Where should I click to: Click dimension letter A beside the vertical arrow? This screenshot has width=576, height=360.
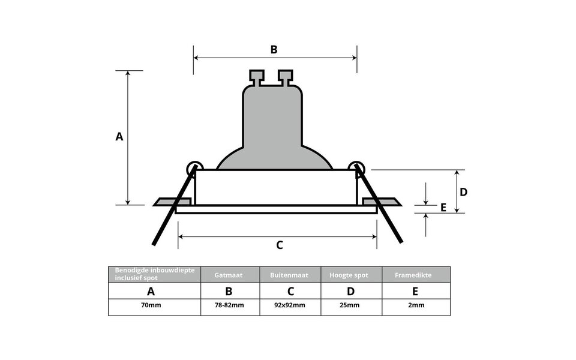coord(119,137)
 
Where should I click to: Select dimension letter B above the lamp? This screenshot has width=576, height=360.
coord(274,49)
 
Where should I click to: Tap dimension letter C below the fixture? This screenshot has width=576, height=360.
coord(279,245)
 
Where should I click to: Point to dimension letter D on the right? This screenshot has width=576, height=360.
coord(463,192)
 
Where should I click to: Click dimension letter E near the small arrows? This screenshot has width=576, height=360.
coord(443,208)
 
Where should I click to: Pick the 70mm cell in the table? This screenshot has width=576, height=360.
coord(151,305)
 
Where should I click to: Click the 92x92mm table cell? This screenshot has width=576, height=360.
coord(290,305)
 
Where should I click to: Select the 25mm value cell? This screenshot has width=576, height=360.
coord(351,305)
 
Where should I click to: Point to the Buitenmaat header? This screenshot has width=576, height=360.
coord(290,275)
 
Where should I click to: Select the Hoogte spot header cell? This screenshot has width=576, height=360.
coord(351,275)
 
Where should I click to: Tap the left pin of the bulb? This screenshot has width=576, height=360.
coord(257,76)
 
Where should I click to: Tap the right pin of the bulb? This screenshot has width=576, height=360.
coord(286,76)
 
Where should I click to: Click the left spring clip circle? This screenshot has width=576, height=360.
coord(194,168)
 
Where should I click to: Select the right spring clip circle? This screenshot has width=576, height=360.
coord(356,168)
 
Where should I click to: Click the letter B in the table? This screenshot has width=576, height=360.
coord(229,292)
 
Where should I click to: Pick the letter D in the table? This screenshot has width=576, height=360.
coord(351,292)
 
